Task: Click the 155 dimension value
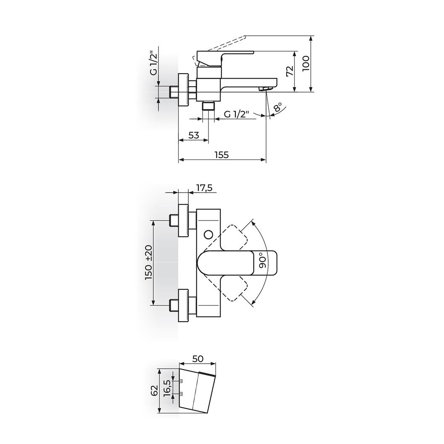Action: point(221,155)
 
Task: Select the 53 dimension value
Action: point(194,135)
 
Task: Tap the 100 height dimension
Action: point(307,63)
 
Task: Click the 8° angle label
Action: point(278,108)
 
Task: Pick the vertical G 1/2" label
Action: point(153,63)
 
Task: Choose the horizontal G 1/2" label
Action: point(236,114)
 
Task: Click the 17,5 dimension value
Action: point(204,188)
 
